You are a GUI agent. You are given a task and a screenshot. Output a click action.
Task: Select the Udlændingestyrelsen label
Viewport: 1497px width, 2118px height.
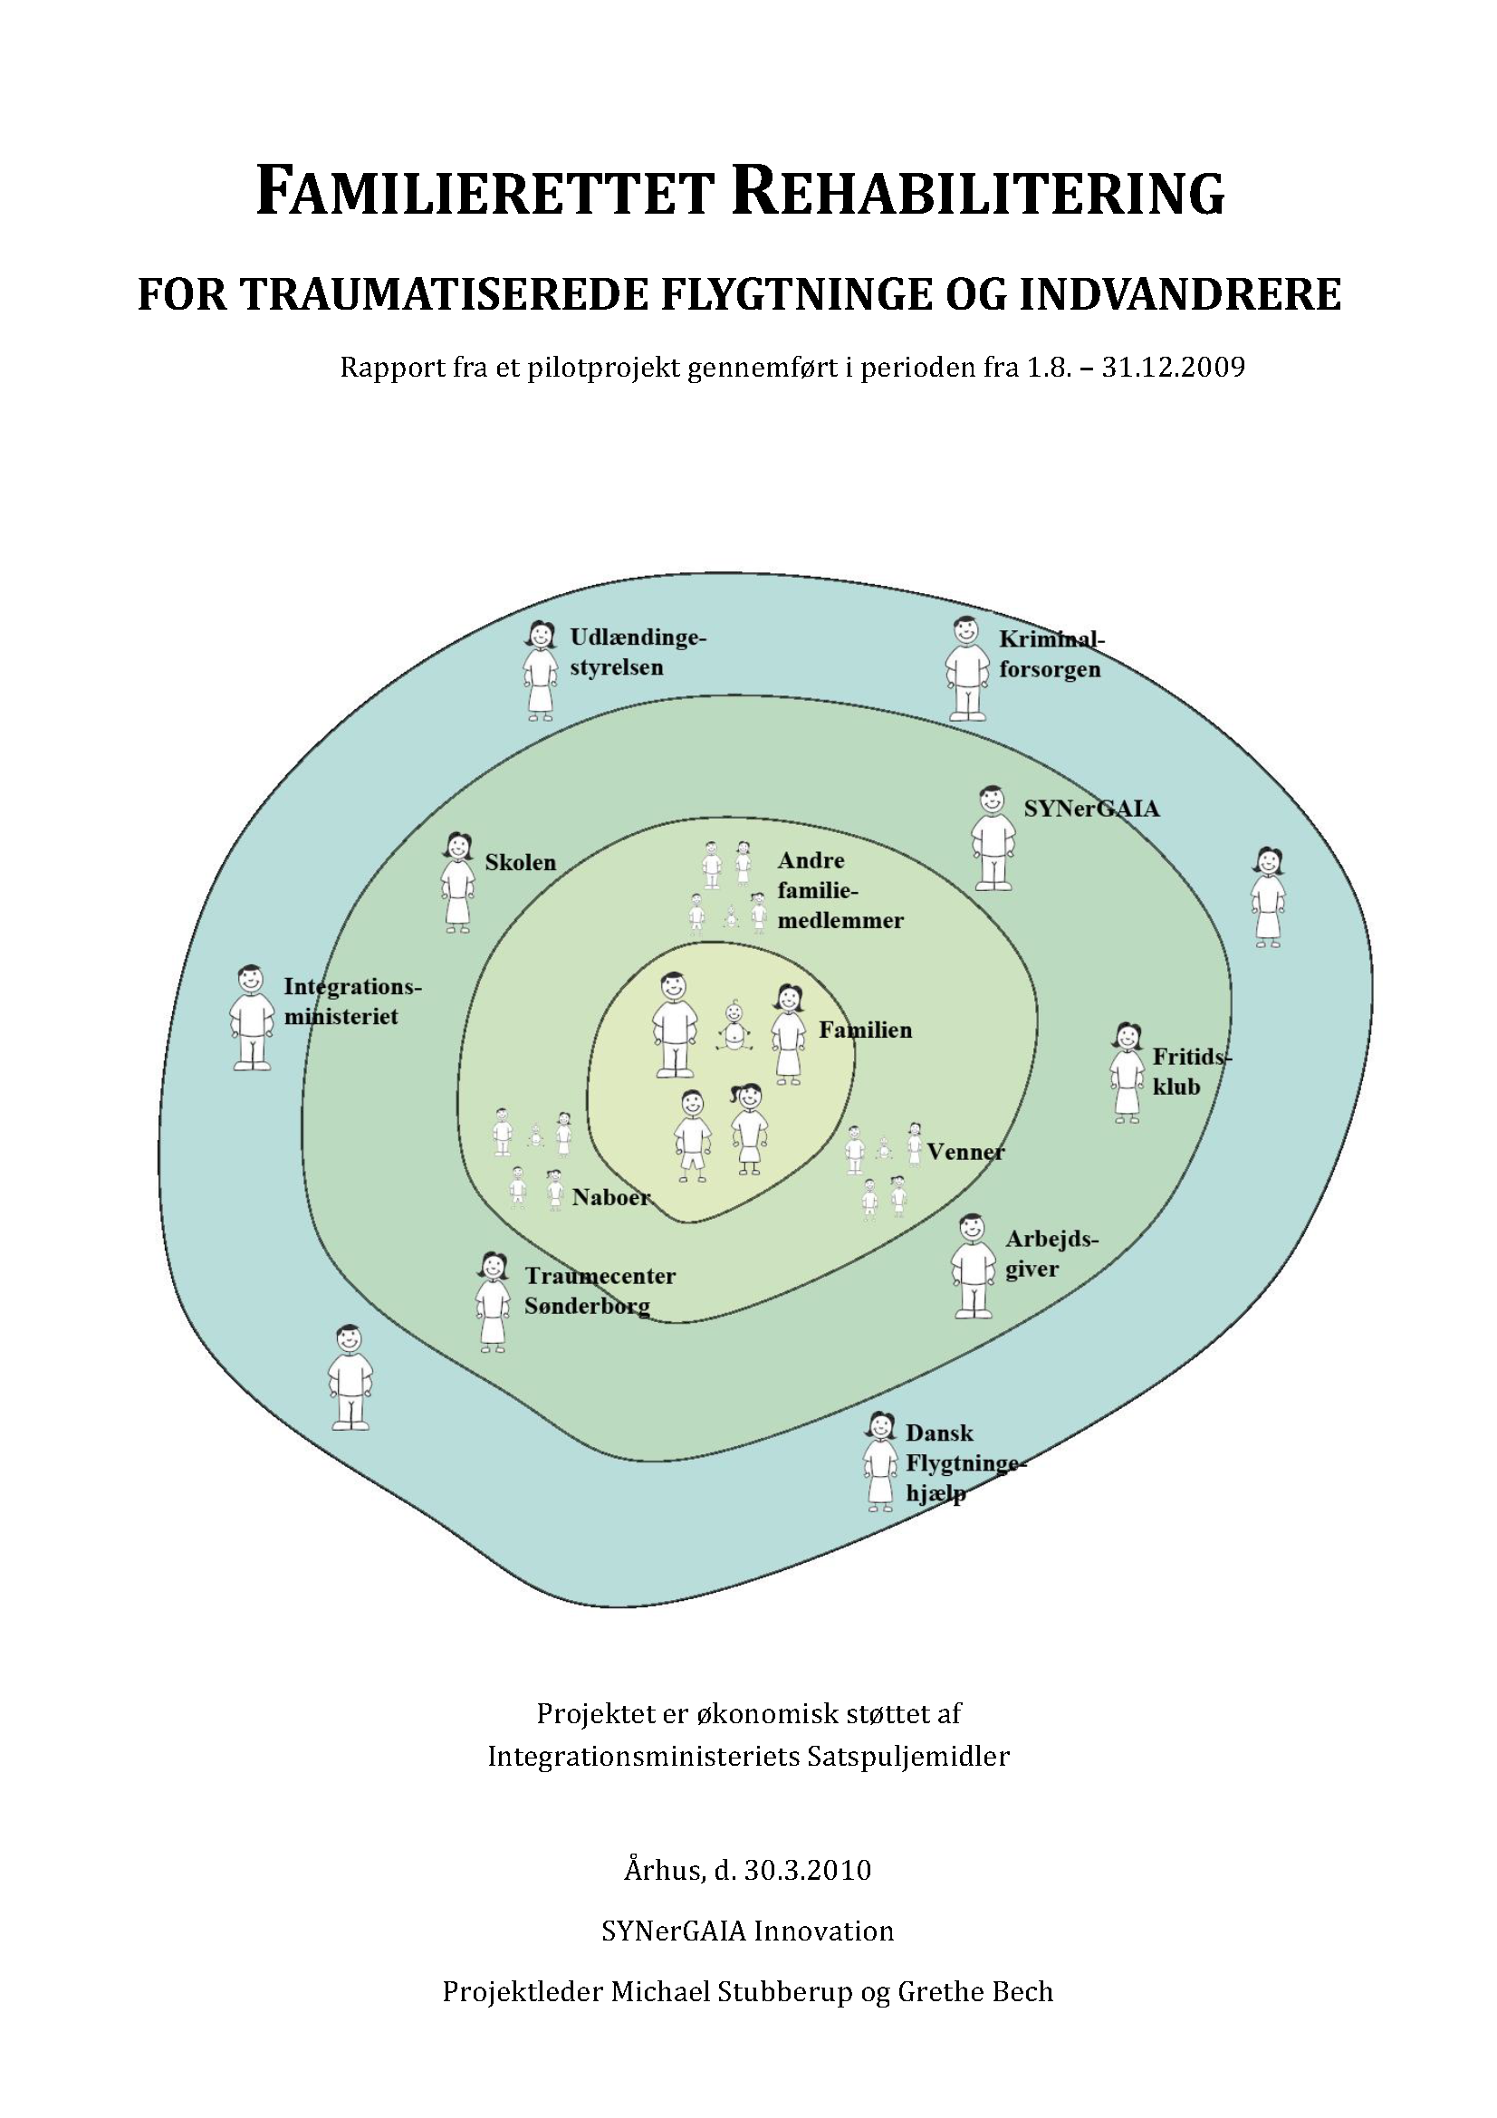(637, 651)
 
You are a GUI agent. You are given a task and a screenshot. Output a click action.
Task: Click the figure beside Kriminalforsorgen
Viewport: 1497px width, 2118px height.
(965, 669)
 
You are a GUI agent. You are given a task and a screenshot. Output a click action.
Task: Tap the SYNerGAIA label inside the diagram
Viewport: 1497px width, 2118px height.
(1091, 809)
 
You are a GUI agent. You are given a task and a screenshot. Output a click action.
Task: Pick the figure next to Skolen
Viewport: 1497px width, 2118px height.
(457, 883)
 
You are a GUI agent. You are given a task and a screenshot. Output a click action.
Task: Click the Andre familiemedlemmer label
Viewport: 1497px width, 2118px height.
(840, 890)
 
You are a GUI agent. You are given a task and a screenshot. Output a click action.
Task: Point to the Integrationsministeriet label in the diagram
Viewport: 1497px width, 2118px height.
(350, 1001)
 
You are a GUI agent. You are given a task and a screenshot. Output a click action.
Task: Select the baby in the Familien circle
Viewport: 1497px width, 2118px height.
(734, 1026)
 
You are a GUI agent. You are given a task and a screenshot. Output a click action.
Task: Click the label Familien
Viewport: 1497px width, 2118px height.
(865, 1030)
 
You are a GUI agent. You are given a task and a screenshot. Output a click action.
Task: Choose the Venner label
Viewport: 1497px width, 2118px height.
(965, 1151)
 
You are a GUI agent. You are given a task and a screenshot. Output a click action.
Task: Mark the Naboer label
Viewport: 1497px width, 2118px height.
(610, 1197)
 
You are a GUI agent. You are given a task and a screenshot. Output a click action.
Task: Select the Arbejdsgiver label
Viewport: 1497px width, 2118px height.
(1051, 1253)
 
